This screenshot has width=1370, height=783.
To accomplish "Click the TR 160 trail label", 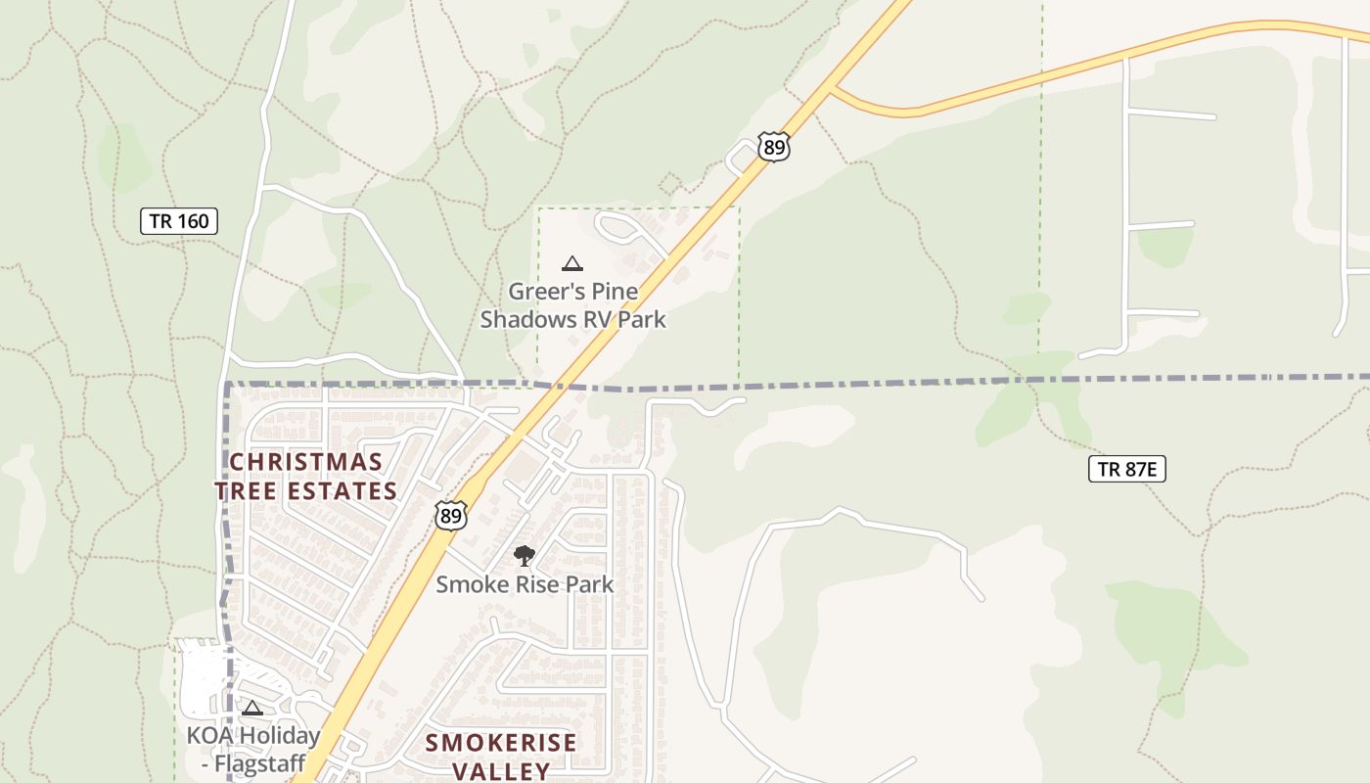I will (x=179, y=221).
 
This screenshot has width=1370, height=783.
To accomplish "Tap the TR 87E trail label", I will (x=1127, y=469).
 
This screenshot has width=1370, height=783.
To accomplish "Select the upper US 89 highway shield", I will (x=773, y=148).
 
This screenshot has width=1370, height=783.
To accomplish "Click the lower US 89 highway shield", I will (x=450, y=515).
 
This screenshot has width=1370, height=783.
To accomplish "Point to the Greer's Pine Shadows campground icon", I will (x=572, y=262).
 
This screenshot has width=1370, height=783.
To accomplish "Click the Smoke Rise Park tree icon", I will (x=525, y=556).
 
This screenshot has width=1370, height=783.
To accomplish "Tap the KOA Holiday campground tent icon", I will (x=252, y=708).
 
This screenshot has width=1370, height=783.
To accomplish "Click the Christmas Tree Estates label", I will (x=306, y=476).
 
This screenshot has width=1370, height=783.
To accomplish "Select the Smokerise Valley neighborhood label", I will (x=501, y=756).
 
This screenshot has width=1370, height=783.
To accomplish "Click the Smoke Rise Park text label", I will (x=525, y=584).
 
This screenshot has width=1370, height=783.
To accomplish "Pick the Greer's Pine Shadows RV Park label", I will (x=572, y=305).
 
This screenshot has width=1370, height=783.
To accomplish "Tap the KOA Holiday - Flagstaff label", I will (x=253, y=749).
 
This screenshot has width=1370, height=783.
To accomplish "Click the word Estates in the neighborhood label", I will (x=342, y=491).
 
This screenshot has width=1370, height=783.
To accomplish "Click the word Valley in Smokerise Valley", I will (x=501, y=770).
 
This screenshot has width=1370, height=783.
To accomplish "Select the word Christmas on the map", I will (x=306, y=461).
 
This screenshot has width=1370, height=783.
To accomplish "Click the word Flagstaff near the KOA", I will (x=261, y=763).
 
